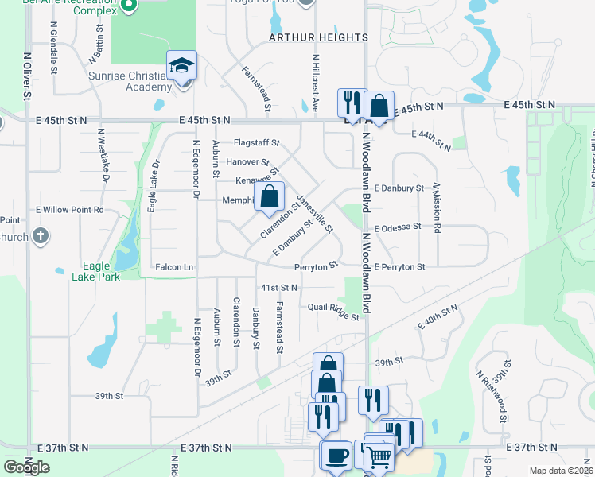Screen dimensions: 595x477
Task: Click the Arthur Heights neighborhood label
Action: pyautogui.click(x=318, y=37)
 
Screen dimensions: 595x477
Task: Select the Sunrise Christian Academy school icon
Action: pyautogui.click(x=181, y=64)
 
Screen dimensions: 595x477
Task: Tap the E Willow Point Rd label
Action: pyautogui.click(x=69, y=211)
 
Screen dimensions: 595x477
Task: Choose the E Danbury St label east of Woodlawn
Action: pyautogui.click(x=398, y=188)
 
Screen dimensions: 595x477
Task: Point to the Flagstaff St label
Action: pyautogui.click(x=256, y=143)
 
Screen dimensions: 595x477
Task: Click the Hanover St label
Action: pyautogui.click(x=248, y=161)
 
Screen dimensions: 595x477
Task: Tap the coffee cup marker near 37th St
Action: pyautogui.click(x=336, y=456)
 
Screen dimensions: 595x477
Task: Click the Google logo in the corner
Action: pyautogui.click(x=26, y=467)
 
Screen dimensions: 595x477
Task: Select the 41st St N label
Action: pyautogui.click(x=279, y=287)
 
